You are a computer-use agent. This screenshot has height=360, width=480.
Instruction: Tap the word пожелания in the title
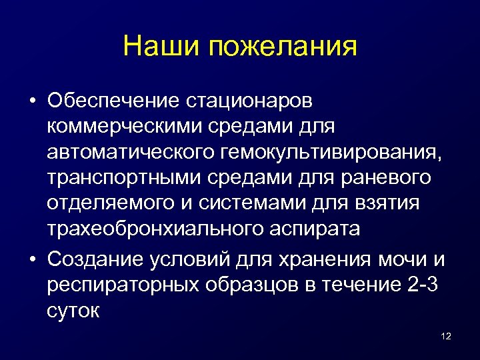tap(283, 48)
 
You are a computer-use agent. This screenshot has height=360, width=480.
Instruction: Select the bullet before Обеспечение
tap(32, 101)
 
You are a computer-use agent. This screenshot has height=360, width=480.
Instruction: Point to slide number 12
tap(446, 336)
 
